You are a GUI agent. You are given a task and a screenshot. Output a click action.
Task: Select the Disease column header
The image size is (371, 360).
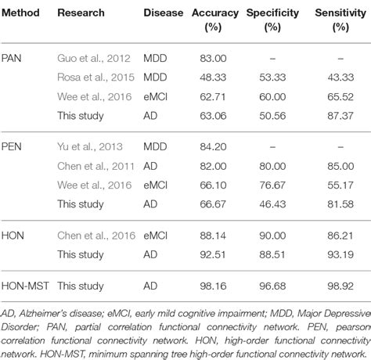click(x=163, y=13)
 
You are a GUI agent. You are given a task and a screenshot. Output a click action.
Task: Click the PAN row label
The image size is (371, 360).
click(x=13, y=58)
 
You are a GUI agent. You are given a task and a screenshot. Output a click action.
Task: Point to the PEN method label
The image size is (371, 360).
click(x=13, y=145)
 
